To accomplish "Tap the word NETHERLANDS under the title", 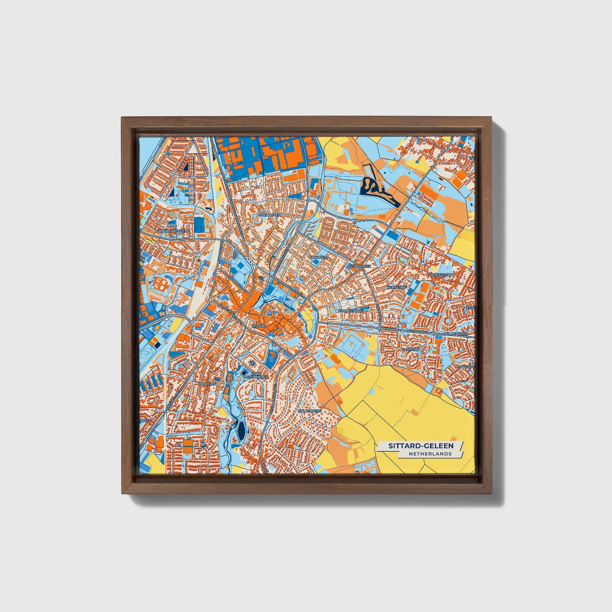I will pyautogui.click(x=430, y=454).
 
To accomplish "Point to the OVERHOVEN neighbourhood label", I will pyautogui.click(x=269, y=215).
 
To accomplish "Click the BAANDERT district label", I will pyautogui.click(x=319, y=257).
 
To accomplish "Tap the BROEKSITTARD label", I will pyautogui.click(x=442, y=275).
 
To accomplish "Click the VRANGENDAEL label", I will pyautogui.click(x=351, y=310).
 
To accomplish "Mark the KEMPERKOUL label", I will pyautogui.click(x=455, y=334).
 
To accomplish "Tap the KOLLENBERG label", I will pyautogui.click(x=310, y=411).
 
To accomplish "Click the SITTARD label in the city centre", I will pyautogui.click(x=258, y=326).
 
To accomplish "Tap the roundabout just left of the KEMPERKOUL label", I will pyautogui.click(x=434, y=334).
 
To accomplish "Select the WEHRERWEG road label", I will pyautogui.click(x=415, y=331).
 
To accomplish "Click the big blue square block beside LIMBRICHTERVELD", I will pyautogui.click(x=199, y=225).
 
